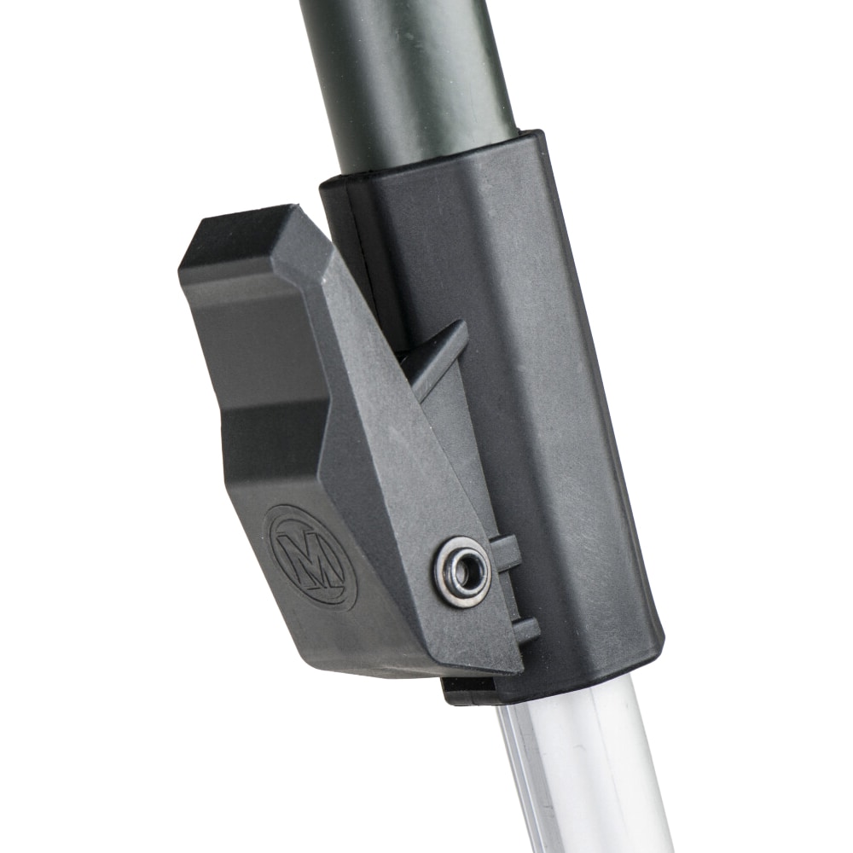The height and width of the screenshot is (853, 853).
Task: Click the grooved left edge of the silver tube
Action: click(516, 768)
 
